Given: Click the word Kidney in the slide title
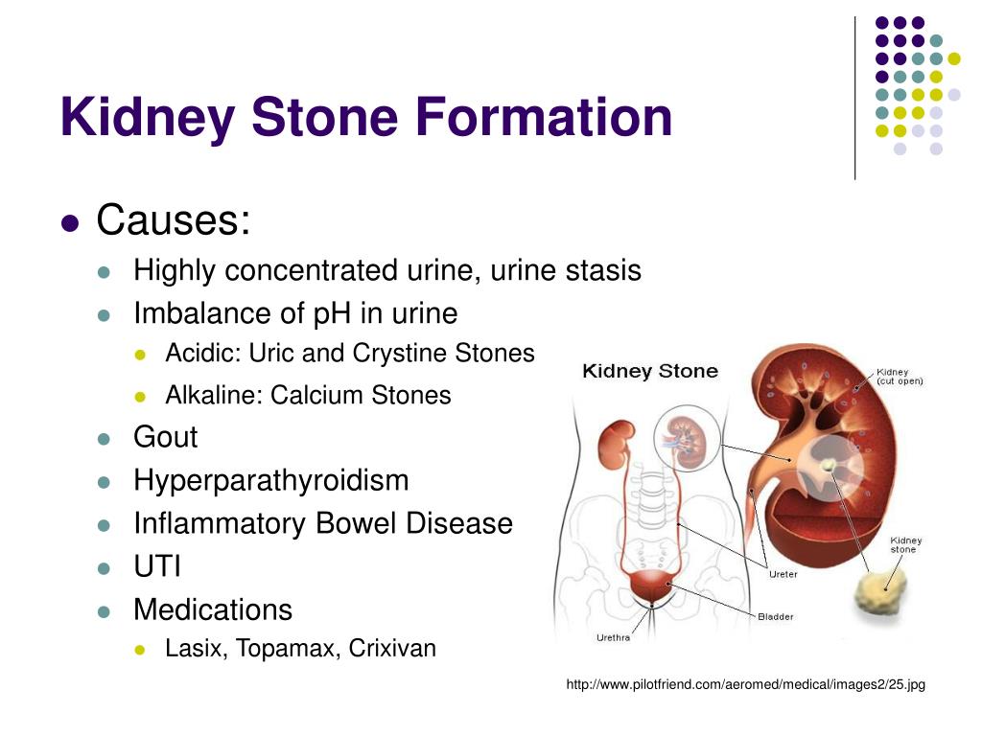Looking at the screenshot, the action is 148,117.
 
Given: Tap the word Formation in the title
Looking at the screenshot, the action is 544,116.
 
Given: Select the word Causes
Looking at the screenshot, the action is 174,219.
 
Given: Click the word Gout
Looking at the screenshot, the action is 165,437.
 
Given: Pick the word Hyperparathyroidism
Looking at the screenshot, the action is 271,481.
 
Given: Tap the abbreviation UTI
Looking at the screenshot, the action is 157,566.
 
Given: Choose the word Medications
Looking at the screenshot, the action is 213,609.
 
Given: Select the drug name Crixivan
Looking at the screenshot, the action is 392,649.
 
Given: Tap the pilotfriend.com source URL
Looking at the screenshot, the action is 745,684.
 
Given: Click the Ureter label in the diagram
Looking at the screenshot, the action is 783,574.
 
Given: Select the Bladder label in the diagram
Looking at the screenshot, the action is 775,616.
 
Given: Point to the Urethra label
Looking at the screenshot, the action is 613,637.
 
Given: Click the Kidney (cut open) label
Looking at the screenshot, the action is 900,376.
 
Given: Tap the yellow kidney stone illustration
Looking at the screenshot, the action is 880,589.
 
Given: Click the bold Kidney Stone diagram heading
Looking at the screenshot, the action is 650,371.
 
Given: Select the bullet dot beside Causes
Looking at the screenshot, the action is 71,223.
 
